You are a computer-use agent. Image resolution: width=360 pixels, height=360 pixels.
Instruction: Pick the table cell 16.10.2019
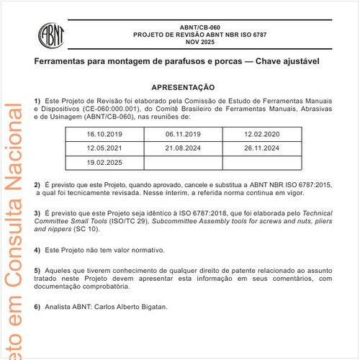104,135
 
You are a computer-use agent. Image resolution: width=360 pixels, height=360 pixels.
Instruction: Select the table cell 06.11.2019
183,135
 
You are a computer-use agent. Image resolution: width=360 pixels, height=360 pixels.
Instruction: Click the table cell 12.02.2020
261,135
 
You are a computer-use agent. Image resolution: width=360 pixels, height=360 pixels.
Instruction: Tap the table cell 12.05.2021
104,148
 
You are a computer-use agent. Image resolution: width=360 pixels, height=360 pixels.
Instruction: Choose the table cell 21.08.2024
183,148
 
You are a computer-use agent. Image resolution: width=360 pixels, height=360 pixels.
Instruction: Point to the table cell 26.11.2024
261,148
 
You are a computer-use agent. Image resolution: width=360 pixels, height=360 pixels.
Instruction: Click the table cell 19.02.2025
104,162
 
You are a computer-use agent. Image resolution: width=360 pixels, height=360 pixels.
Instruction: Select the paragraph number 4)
37,251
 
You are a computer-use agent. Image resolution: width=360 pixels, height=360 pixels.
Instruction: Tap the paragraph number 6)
37,307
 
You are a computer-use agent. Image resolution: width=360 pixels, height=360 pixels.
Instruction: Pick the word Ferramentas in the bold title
61,62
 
